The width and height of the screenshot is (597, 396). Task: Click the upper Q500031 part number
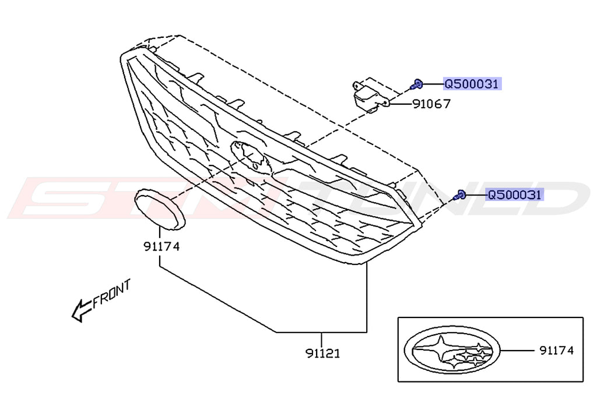pos(472,84)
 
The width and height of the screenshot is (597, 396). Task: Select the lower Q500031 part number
pos(515,195)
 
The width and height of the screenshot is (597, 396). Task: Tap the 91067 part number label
pos(432,105)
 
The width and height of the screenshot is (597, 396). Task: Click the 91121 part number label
pos(322,353)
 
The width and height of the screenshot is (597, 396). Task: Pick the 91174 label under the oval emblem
pos(161,246)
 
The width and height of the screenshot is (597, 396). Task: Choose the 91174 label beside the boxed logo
pos(557,351)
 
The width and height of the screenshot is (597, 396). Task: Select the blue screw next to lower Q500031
pos(460,196)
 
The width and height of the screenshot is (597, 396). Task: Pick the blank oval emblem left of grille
pos(159,208)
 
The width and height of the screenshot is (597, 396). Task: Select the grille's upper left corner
pos(124,55)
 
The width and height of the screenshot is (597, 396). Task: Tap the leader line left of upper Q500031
pos(432,84)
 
